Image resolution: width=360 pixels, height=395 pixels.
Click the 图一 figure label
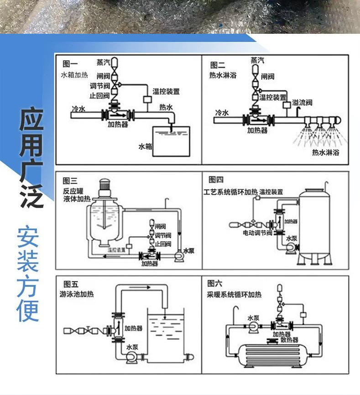(69, 64)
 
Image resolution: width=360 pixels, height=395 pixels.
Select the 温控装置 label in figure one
(166, 92)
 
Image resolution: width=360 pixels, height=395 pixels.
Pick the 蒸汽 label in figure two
(257, 60)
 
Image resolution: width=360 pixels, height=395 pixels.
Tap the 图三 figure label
(70, 180)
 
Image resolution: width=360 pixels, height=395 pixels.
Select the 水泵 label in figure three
(188, 250)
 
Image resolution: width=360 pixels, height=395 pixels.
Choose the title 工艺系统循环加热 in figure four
(230, 192)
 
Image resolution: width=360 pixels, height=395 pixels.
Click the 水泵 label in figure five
(132, 347)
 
